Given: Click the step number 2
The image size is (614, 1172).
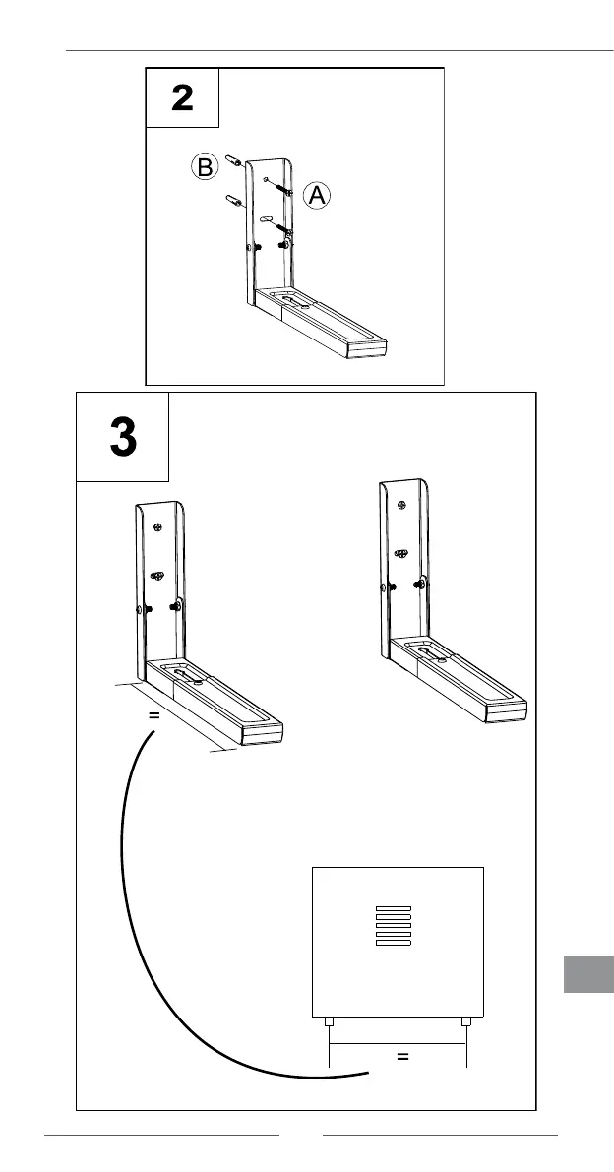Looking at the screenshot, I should coord(182,97).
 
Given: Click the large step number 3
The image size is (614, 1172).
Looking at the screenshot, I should coord(123,438).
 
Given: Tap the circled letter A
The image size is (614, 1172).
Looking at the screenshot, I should coord(316,196).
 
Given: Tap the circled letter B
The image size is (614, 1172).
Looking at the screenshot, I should coord(204,168).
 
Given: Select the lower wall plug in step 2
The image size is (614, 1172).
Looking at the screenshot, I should coord(235,203).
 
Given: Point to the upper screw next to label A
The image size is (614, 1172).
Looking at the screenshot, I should coord(285,190).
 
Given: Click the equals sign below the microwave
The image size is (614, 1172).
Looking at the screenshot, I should coord(401,1057).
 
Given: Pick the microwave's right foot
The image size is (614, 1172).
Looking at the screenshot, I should coord(466,1022).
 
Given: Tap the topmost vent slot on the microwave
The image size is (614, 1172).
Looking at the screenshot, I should coord(393,908).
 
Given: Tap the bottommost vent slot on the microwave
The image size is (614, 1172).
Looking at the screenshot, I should coord(393,944).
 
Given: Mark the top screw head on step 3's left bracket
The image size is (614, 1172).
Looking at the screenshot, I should coord(157,527).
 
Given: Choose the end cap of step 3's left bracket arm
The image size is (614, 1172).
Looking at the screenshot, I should coord(264,733).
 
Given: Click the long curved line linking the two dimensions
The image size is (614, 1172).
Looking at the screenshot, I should coord(133,915).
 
